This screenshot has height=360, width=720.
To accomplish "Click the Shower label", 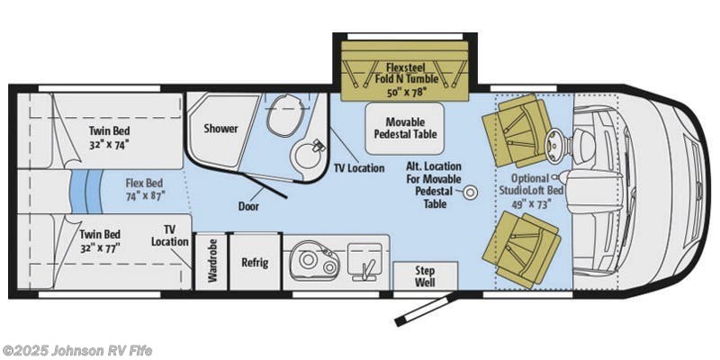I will (220, 128).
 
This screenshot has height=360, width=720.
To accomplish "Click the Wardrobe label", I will (212, 262).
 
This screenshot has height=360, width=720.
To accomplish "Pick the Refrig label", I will (255, 263).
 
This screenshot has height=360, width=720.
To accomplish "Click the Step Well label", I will (425, 274).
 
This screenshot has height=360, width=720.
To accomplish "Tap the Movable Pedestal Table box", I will (404, 128).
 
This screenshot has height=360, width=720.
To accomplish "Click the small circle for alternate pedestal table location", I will (470, 192).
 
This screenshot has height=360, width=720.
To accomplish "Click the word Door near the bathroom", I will (249, 206).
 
